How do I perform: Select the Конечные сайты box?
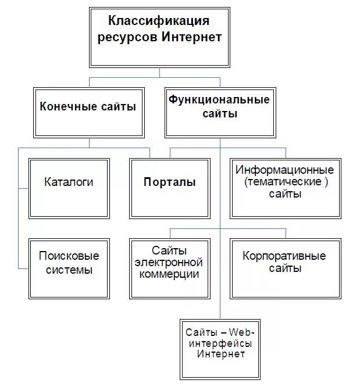click(x=88, y=111)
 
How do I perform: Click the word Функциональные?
click(x=219, y=99)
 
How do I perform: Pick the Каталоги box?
click(x=69, y=182)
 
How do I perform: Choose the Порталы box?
click(x=170, y=182)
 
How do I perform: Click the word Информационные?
click(x=285, y=170)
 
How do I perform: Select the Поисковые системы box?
click(x=69, y=263)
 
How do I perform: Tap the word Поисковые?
click(x=69, y=256)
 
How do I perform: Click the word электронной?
click(x=169, y=263)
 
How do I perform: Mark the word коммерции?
click(x=169, y=274)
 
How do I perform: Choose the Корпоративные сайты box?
click(x=285, y=263)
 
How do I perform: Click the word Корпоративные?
click(x=285, y=256)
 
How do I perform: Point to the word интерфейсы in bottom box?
click(x=219, y=344)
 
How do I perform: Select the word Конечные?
click(x=63, y=106)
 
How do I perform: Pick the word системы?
click(x=69, y=270)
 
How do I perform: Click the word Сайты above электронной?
click(x=169, y=251)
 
